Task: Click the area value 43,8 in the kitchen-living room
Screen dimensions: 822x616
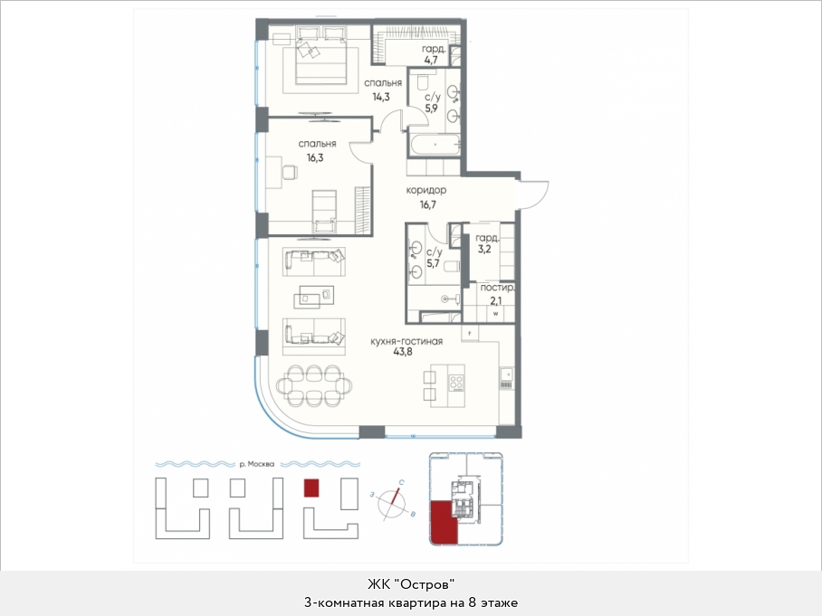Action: [x=403, y=352]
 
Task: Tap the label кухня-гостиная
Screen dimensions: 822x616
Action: [x=406, y=341]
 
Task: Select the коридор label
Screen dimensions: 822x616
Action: [x=426, y=190]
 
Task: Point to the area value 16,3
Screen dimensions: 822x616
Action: [x=315, y=157]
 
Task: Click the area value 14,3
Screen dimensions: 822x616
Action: [x=381, y=97]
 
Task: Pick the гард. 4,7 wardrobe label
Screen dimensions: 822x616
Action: [x=434, y=54]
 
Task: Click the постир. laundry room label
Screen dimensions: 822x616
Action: [x=498, y=288]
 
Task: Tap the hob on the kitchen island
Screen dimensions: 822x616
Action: [x=456, y=383]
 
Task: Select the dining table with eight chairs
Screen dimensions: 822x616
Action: [x=313, y=385]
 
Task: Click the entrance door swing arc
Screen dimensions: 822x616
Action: [x=535, y=194]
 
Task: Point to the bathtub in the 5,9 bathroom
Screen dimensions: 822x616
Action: [x=435, y=144]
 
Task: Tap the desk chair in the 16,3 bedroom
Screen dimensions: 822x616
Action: [x=288, y=172]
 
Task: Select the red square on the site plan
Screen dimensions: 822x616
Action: [x=311, y=488]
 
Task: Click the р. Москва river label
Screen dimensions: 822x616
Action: [x=256, y=464]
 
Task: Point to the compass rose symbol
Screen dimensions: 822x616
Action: [x=393, y=503]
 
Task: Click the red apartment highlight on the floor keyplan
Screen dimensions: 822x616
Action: [x=444, y=522]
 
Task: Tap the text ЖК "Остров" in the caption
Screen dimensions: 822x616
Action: [x=410, y=583]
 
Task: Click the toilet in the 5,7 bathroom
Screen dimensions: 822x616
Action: [x=452, y=267]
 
